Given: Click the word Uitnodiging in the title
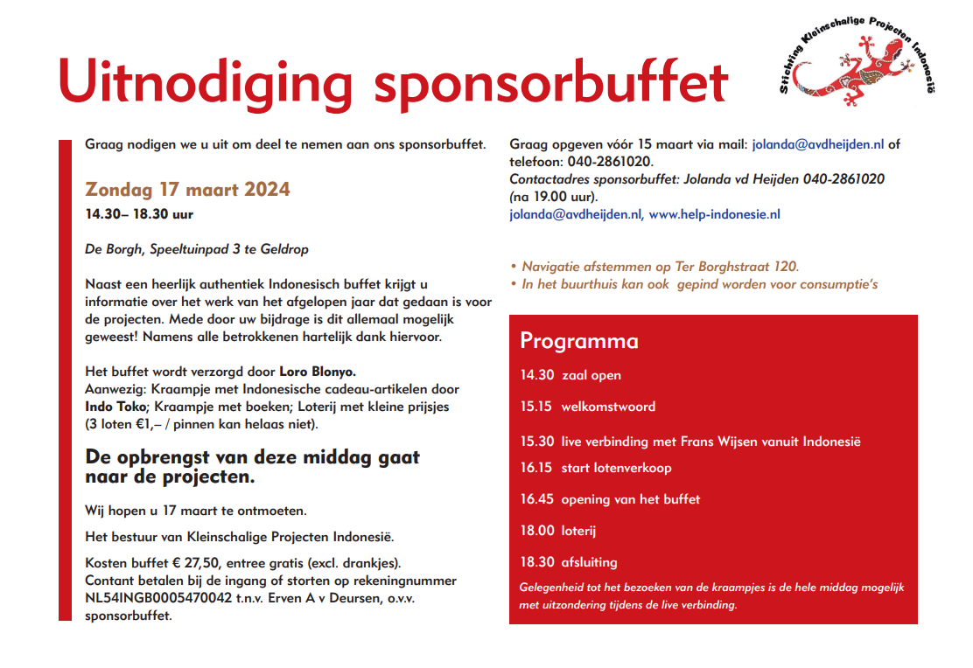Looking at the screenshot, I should [x=205, y=83].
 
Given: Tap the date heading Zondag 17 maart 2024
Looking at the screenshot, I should [x=187, y=190].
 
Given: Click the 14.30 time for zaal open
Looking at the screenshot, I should [x=537, y=375].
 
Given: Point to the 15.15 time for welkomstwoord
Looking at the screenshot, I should [x=537, y=407].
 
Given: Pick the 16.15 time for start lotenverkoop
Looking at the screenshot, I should [x=536, y=468].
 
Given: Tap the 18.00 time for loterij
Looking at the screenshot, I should [x=537, y=531].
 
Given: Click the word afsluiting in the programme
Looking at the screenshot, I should [x=589, y=562].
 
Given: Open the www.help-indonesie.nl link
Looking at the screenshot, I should [x=714, y=214].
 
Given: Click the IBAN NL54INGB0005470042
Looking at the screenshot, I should [x=158, y=598].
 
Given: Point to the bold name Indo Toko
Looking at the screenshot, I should [x=116, y=407].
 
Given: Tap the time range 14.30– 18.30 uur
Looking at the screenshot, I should [x=139, y=214].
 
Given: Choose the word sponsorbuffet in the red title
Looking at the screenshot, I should [x=551, y=83].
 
